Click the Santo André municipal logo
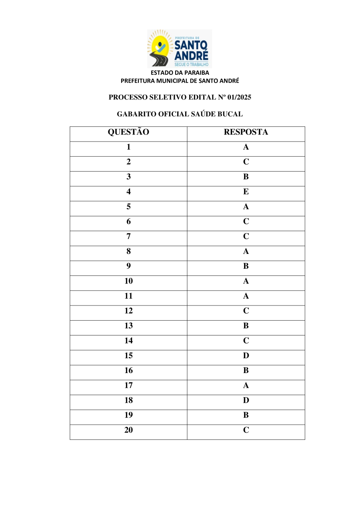(180, 48)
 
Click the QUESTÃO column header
(128, 132)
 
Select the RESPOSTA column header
(246, 132)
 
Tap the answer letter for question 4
(246, 192)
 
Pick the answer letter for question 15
(246, 355)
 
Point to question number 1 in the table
(128, 147)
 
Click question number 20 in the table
(128, 430)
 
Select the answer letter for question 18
(246, 400)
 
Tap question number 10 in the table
(128, 281)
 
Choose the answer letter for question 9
(246, 266)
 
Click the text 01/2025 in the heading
(239, 97)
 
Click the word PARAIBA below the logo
(196, 73)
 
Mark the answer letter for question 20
(246, 430)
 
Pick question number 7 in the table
(128, 236)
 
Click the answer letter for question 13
(246, 325)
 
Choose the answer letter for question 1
(246, 147)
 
